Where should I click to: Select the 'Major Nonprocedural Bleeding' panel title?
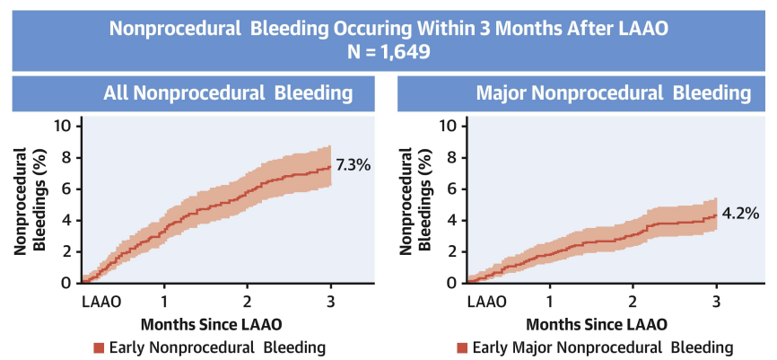click(x=613, y=93)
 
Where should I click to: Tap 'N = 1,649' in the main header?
click(x=388, y=51)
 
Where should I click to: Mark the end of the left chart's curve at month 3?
click(x=330, y=166)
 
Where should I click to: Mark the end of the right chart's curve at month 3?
click(x=716, y=215)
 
